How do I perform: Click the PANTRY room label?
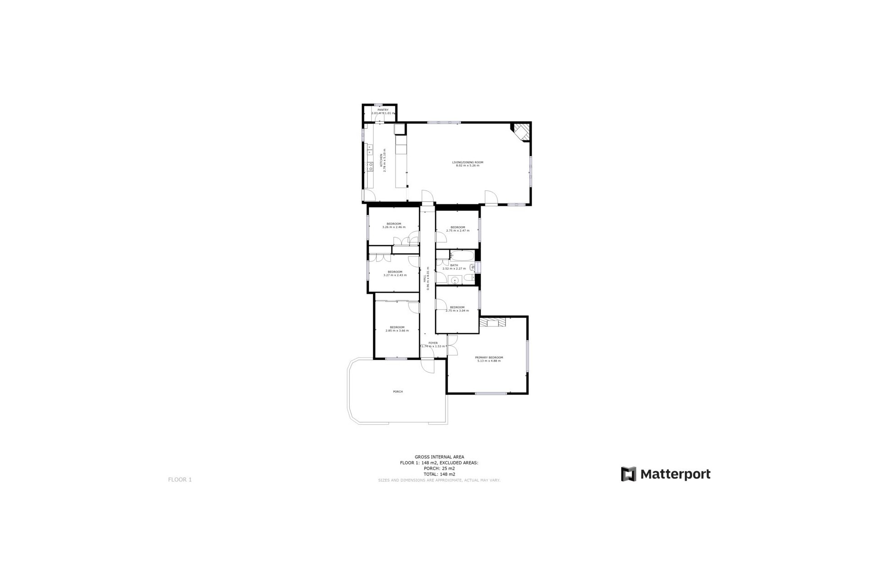click(x=383, y=110)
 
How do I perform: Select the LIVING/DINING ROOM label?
click(x=467, y=163)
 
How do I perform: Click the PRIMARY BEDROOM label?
click(x=489, y=358)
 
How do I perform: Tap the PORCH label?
click(x=398, y=391)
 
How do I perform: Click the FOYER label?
click(x=433, y=343)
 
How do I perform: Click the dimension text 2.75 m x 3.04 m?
click(x=457, y=311)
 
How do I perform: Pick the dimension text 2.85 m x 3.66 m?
click(x=397, y=331)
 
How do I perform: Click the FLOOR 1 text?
click(x=180, y=480)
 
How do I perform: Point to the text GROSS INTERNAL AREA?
click(x=439, y=457)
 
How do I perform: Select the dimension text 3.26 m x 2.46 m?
click(x=394, y=227)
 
